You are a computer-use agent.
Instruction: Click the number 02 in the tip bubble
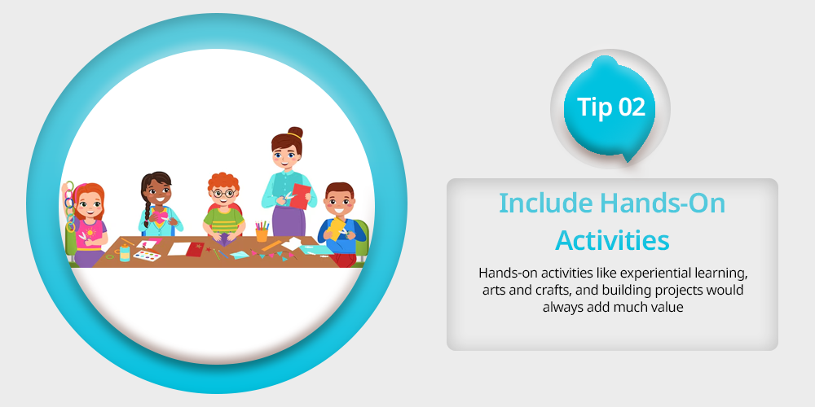tap(632, 107)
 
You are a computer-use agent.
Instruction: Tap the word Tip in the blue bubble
tap(595, 107)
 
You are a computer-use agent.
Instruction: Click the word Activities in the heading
tap(612, 240)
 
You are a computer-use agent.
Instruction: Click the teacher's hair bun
tap(295, 132)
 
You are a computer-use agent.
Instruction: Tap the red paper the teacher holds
tap(300, 195)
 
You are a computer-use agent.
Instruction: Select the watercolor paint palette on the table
tap(147, 256)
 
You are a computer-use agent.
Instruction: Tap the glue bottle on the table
tap(125, 253)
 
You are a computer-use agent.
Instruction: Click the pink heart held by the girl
tap(159, 217)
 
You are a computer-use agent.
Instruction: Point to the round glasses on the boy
tap(224, 194)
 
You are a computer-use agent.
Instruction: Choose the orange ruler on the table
tap(271, 245)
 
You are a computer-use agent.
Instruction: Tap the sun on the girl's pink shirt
tap(90, 231)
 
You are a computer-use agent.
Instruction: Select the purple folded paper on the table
tap(223, 241)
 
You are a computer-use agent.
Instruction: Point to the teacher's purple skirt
tap(288, 220)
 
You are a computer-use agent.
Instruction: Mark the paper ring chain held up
tap(69, 206)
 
